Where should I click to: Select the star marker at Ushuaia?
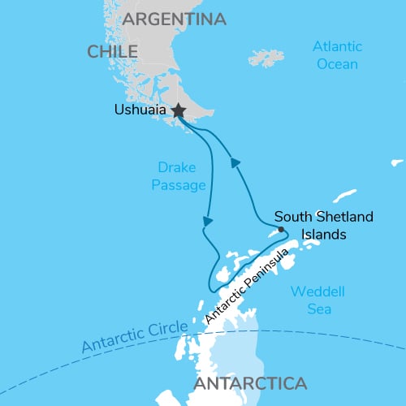[x=178, y=110]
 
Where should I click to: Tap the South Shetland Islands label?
[x=312, y=225]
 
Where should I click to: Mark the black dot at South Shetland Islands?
[x=281, y=229]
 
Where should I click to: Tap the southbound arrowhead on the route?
[x=209, y=220]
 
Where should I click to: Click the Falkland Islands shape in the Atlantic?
[x=267, y=58]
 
